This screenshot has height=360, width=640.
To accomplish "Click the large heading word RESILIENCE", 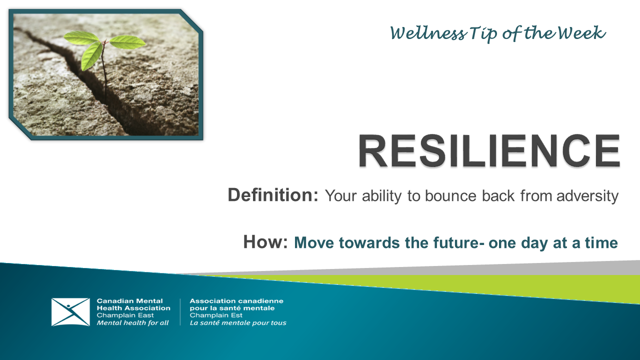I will point(489,150).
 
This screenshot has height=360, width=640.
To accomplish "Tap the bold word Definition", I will point(272,195).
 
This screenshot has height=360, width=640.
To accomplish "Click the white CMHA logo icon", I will point(70,312).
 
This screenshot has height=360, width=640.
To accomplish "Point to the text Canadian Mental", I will point(129,301).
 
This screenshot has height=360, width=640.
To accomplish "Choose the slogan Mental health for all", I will point(132,323).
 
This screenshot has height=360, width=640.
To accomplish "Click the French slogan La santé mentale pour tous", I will point(238,323).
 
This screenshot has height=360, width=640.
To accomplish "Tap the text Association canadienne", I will point(236,301).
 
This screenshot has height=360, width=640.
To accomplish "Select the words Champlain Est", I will point(216,315).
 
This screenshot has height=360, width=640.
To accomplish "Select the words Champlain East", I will point(125,315).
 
